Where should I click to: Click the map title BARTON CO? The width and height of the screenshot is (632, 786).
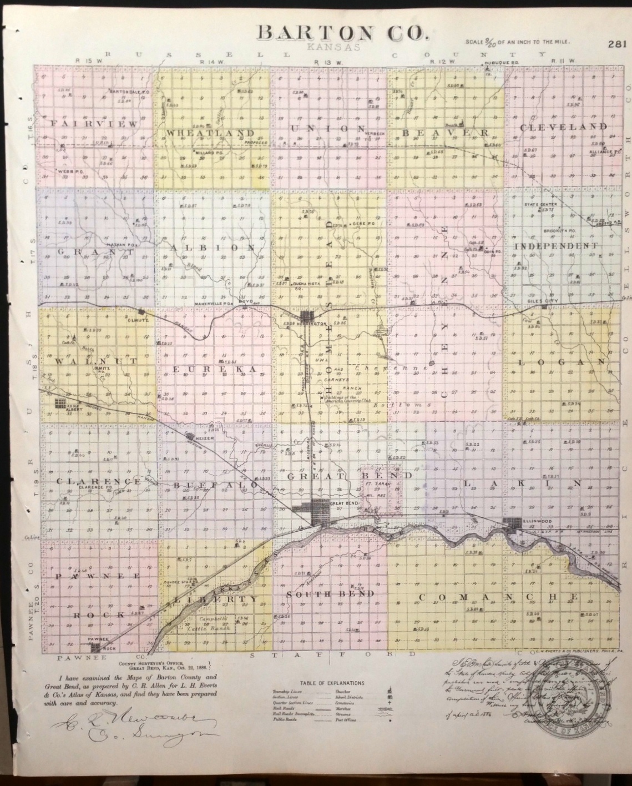click(342, 33)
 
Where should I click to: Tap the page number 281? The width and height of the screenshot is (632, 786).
click(617, 44)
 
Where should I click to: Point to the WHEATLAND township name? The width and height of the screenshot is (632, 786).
click(210, 133)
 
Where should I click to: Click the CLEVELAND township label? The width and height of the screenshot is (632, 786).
click(563, 127)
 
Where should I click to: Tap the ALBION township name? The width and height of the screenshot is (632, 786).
click(211, 248)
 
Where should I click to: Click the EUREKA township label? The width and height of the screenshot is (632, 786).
click(214, 369)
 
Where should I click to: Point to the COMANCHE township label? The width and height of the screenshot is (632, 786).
click(498, 597)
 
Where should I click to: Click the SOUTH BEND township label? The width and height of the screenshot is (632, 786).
click(330, 594)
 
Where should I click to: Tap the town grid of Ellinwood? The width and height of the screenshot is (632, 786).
click(512, 523)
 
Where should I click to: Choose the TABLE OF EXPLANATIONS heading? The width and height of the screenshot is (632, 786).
click(332, 683)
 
